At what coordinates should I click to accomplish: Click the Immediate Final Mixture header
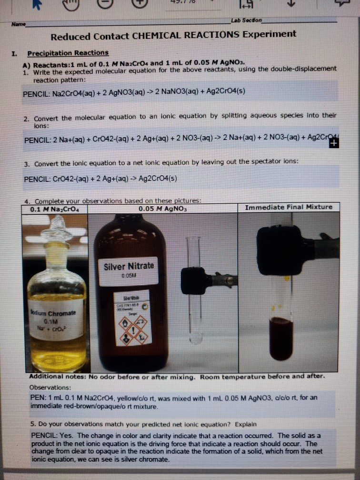click(289, 208)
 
